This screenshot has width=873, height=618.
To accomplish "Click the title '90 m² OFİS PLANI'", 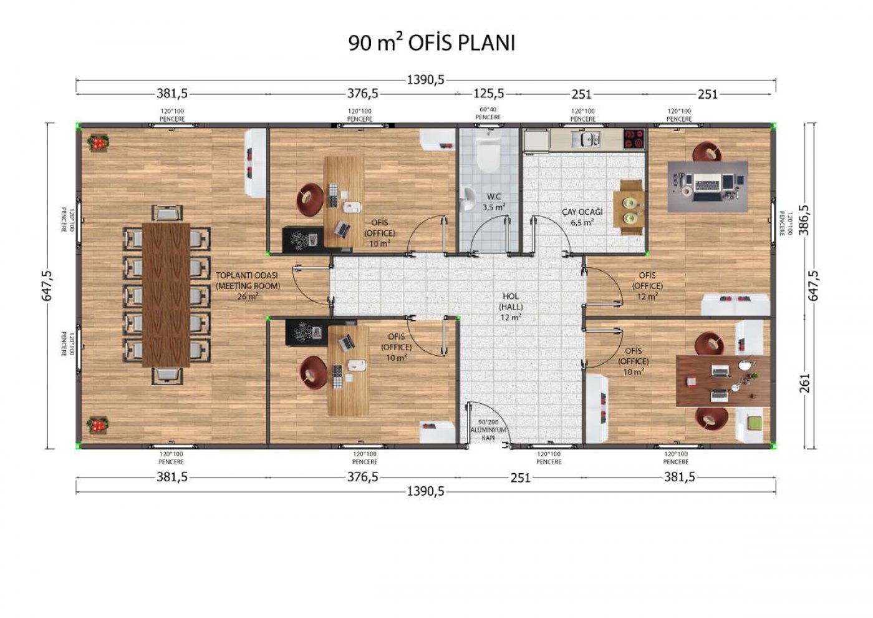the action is tap(432, 43).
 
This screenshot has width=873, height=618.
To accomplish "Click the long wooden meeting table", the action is tap(166, 295).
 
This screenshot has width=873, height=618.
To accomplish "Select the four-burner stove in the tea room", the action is tap(634, 139).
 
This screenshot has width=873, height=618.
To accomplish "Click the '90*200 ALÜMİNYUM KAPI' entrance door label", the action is tap(488, 430).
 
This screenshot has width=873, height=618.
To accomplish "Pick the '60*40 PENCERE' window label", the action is tap(488, 113).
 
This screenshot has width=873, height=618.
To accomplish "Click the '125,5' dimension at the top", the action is tap(489, 94).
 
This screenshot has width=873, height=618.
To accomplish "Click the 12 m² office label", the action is tap(647, 286).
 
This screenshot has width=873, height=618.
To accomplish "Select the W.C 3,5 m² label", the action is tap(494, 202).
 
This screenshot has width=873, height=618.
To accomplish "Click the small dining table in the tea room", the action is tap(628, 207).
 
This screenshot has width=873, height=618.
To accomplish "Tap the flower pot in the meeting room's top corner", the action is tap(98, 142).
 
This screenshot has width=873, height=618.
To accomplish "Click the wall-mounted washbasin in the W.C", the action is tap(467, 199).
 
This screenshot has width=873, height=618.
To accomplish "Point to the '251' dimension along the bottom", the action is tap(520, 478).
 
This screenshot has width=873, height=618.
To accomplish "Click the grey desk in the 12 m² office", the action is tap(707, 187).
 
